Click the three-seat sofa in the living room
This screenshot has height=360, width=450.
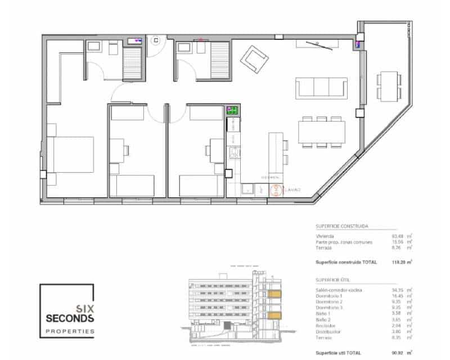322,88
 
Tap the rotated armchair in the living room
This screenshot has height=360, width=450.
254,60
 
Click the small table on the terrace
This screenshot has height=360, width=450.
388,85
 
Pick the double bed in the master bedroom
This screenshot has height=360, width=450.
70,155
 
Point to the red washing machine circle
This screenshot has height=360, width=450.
276,191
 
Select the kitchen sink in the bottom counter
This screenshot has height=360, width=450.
248,190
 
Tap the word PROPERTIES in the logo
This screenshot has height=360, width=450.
70,331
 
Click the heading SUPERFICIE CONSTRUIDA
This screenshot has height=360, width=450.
342,226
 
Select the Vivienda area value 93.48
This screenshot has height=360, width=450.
398,236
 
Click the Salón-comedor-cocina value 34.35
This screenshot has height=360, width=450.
398,290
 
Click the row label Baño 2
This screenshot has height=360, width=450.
323,320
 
